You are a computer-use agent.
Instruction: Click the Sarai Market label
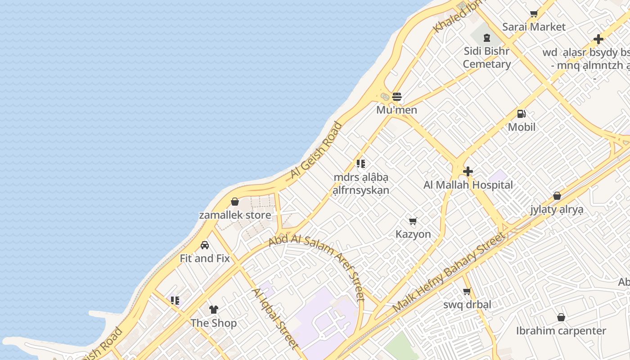(534, 27)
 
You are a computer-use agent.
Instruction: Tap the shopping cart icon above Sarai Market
(534, 14)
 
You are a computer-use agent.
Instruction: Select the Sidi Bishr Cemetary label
(486, 58)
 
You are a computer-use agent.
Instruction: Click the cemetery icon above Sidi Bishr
(486, 38)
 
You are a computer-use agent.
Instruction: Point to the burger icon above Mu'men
(396, 97)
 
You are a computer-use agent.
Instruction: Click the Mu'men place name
(396, 110)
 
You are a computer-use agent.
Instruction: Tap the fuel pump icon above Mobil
(522, 114)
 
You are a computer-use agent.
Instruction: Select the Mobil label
(522, 127)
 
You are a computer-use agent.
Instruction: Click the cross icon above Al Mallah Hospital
(468, 171)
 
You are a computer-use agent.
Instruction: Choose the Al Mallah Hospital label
(468, 185)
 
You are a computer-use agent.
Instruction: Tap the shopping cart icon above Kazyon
(413, 221)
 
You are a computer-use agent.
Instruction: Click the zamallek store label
(235, 215)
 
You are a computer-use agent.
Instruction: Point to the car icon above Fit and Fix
(205, 245)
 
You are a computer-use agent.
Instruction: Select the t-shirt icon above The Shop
(213, 310)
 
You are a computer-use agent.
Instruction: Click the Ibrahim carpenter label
(561, 331)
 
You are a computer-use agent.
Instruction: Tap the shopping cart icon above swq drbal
(467, 291)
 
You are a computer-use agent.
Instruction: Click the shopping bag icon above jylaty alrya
(557, 196)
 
